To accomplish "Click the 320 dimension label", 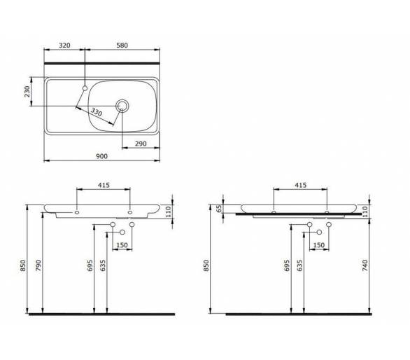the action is [64, 46].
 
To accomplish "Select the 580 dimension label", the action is [122, 46].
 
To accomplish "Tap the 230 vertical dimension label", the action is [27, 92].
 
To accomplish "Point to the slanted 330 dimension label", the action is [97, 112].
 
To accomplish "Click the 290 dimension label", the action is [141, 144].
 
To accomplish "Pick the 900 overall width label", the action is [101, 156].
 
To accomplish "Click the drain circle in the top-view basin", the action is [122, 106].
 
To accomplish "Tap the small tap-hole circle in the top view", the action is [85, 88].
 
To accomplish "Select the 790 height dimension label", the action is [38, 265].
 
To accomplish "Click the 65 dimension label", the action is [219, 209].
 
